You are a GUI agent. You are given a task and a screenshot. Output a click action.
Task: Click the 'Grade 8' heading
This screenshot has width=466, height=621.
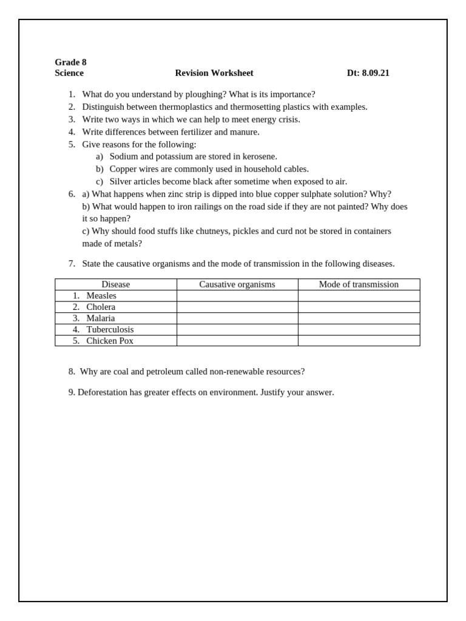click(x=70, y=62)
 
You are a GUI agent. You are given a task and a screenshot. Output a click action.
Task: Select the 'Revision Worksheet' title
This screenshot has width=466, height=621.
click(x=214, y=73)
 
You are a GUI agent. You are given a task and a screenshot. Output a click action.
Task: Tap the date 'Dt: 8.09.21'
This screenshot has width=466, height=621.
click(x=368, y=73)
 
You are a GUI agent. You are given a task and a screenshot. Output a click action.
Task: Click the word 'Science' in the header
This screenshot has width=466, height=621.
click(x=69, y=73)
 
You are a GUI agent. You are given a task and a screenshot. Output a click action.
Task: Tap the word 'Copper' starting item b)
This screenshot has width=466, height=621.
click(x=123, y=169)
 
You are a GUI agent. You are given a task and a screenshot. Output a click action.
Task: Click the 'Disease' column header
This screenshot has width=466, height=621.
click(x=115, y=284)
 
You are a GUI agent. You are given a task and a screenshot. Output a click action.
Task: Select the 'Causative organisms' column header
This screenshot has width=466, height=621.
click(x=237, y=284)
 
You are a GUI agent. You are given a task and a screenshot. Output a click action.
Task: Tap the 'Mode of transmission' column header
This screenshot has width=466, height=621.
click(x=359, y=284)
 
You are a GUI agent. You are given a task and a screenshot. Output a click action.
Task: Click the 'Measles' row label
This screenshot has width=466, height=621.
click(x=101, y=296)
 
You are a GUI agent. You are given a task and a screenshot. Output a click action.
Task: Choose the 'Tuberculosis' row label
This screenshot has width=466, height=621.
click(x=110, y=329)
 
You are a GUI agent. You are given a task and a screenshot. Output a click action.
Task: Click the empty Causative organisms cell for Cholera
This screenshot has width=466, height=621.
click(x=237, y=307)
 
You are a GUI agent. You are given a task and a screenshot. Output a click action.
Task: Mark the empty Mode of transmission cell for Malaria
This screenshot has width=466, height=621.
click(x=359, y=318)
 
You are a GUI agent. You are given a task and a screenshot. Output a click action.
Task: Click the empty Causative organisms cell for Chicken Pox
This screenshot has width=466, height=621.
click(x=237, y=341)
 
